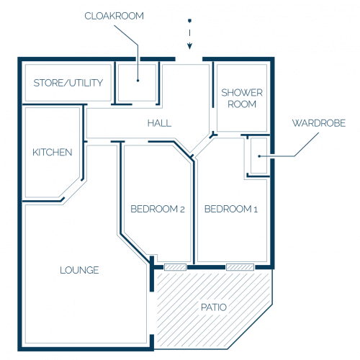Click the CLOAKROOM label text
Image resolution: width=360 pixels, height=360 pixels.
pyautogui.click(x=114, y=16)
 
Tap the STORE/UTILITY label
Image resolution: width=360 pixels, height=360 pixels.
pyautogui.click(x=68, y=83)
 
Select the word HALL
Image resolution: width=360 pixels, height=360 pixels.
pyautogui.click(x=159, y=123)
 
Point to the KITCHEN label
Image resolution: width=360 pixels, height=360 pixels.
pyautogui.click(x=53, y=152)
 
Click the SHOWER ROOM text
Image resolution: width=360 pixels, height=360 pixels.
pyautogui.click(x=242, y=99)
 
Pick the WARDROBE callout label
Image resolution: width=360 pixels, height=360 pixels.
pyautogui.click(x=319, y=123)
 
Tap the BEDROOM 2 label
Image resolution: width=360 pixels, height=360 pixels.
pyautogui.click(x=158, y=209)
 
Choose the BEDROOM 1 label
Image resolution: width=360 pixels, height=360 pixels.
pyautogui.click(x=231, y=209)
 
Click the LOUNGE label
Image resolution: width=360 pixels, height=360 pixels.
pyautogui.click(x=79, y=270)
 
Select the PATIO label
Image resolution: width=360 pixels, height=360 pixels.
pyautogui.click(x=214, y=307)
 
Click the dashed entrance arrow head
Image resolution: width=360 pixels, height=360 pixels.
pyautogui.click(x=190, y=46)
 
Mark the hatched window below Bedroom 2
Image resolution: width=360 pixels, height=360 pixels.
pyautogui.click(x=175, y=267)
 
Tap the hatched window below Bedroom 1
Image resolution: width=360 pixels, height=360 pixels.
pyautogui.click(x=240, y=267)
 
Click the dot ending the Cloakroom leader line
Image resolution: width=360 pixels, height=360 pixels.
pyautogui.click(x=138, y=81)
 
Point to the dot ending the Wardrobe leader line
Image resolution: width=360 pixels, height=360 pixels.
pyautogui.click(x=259, y=156)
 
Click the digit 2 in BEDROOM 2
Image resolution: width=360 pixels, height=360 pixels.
pyautogui.click(x=182, y=210)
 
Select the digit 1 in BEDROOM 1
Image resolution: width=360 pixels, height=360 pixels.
pyautogui.click(x=256, y=210)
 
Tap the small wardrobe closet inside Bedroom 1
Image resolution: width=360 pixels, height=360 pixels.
pyautogui.click(x=258, y=156)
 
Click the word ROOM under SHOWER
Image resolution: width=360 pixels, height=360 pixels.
pyautogui.click(x=242, y=104)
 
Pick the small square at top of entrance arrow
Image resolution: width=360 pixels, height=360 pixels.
pyautogui.click(x=189, y=21)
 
